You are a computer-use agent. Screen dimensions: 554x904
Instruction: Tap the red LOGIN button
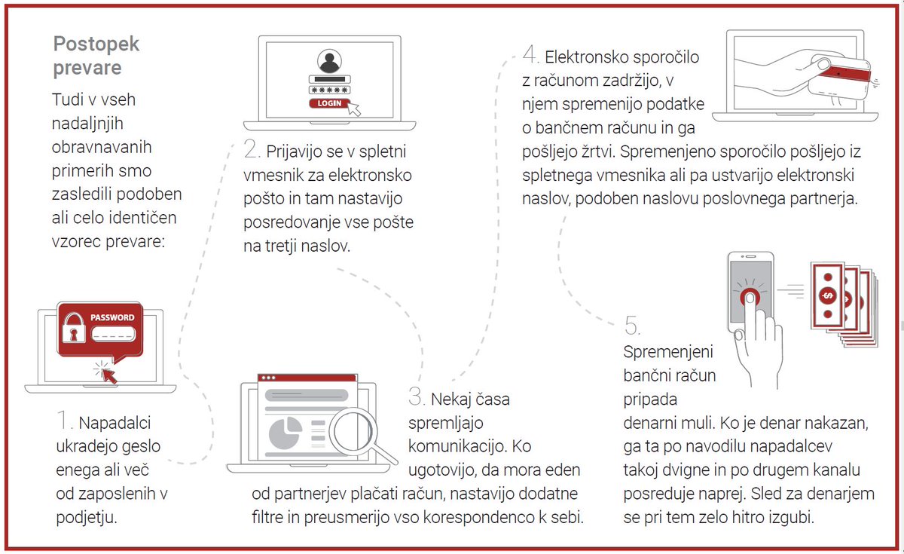pyautogui.click(x=328, y=103)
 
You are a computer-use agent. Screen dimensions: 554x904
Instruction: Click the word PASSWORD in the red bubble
pyautogui.click(x=112, y=317)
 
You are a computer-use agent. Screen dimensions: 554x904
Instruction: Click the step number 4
pyautogui.click(x=530, y=55)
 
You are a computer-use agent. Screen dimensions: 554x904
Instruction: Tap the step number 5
pyautogui.click(x=632, y=326)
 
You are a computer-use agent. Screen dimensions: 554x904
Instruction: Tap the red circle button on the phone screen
pyautogui.click(x=750, y=296)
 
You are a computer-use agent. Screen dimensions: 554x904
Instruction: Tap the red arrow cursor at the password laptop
pyautogui.click(x=109, y=372)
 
